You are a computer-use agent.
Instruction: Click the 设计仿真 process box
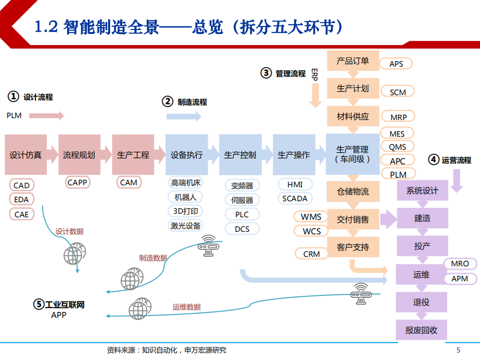point(26,155)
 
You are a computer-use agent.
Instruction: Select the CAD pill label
point(22,185)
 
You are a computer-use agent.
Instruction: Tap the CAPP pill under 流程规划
point(78,183)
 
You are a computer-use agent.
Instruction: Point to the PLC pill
point(242,214)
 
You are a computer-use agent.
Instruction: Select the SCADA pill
point(295,198)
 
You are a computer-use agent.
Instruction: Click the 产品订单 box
point(353,61)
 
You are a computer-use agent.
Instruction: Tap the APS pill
point(396,64)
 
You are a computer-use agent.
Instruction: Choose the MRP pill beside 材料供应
point(398,117)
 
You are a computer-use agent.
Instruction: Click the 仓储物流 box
point(353,191)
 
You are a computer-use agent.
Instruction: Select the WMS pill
point(311,217)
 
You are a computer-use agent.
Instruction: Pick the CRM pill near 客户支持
point(311,254)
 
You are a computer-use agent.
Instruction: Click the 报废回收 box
point(421,330)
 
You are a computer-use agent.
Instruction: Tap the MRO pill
point(460,263)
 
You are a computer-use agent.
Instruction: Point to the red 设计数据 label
point(70,231)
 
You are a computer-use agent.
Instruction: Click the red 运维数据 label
point(187,307)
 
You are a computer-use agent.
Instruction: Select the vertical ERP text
point(314,75)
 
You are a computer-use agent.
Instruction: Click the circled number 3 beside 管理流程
point(266,73)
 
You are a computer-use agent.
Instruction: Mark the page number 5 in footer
point(458,350)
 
